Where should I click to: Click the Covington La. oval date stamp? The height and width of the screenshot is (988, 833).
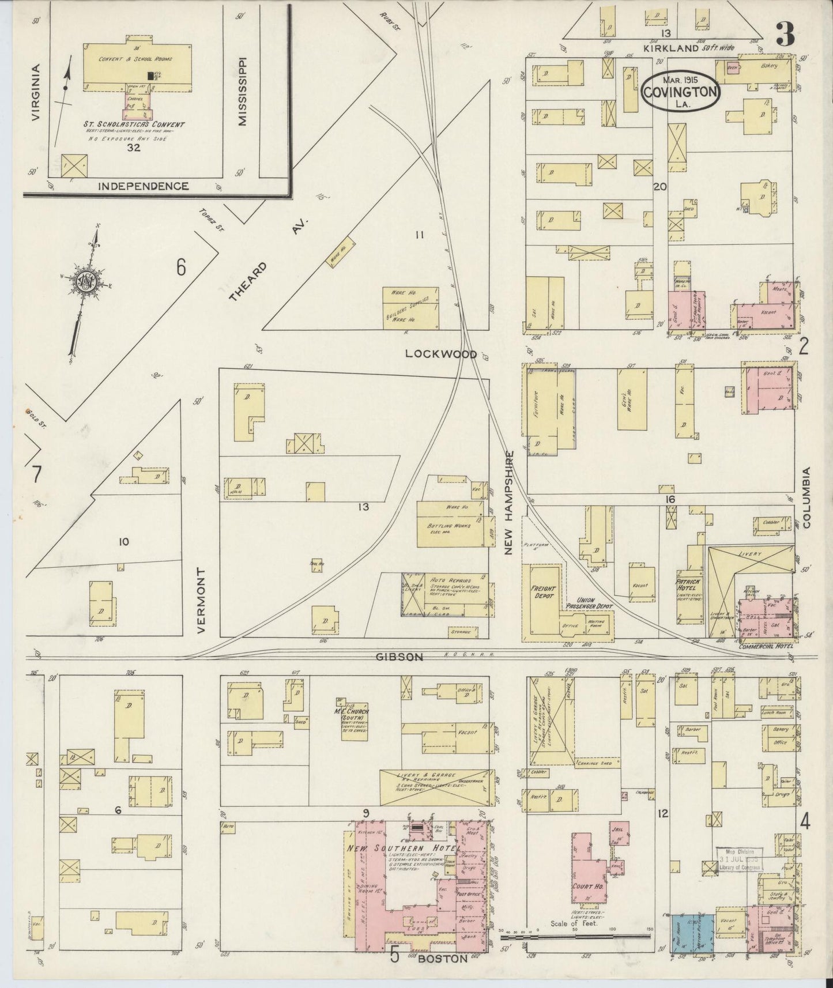[x=680, y=91]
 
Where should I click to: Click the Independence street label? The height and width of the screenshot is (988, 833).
[x=143, y=186]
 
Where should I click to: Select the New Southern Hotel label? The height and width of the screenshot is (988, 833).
[x=404, y=849]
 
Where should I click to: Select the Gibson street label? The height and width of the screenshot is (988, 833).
[x=399, y=657]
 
